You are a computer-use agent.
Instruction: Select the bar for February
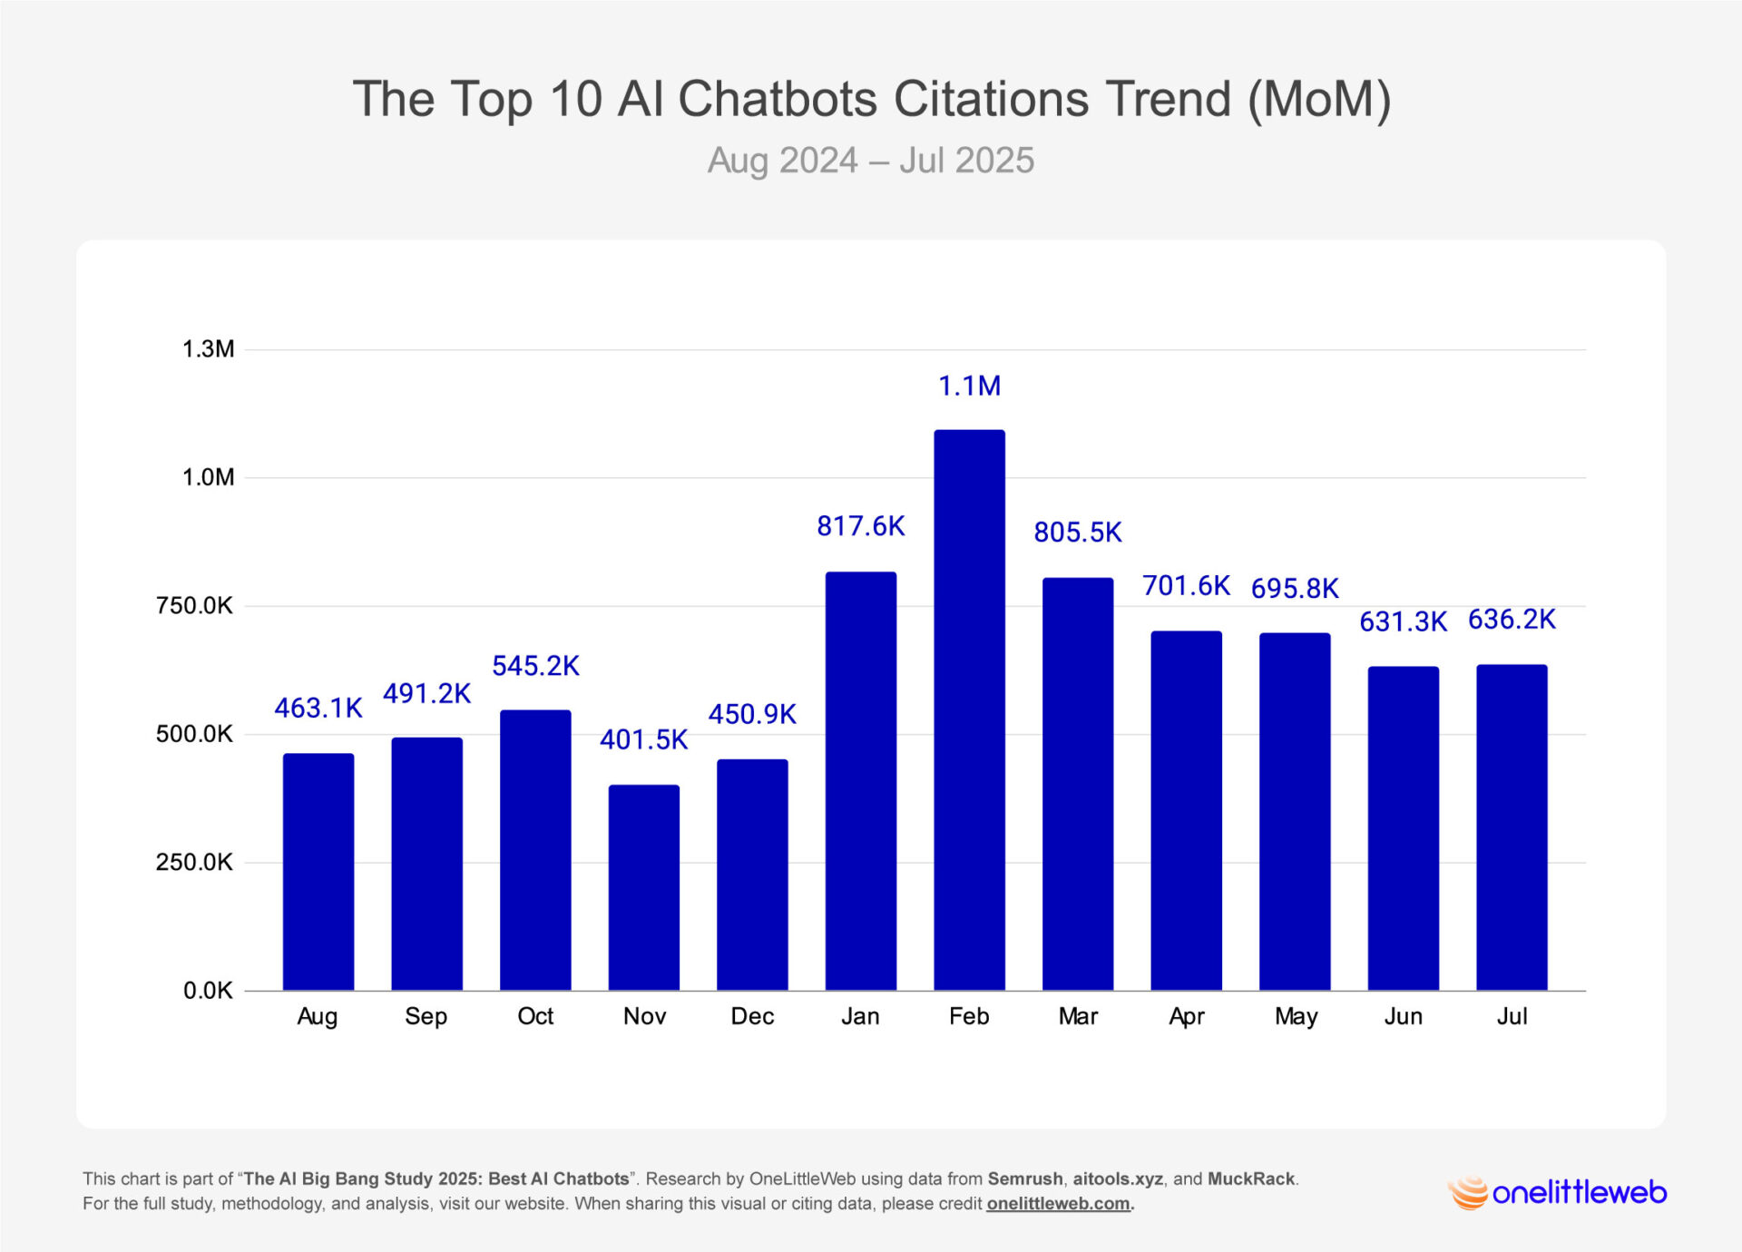(969, 709)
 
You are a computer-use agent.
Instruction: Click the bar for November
(643, 887)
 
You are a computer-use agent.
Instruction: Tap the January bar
(860, 780)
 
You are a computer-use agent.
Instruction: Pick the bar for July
(1512, 827)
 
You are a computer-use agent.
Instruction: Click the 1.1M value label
(969, 386)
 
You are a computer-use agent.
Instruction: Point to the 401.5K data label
(643, 739)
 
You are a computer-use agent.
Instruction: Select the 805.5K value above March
(1078, 533)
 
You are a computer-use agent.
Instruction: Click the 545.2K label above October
(535, 666)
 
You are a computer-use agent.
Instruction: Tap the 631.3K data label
(1403, 621)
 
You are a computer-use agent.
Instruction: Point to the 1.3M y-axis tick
(208, 349)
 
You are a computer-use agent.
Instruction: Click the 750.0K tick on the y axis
(194, 605)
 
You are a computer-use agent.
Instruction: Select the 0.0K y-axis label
(208, 990)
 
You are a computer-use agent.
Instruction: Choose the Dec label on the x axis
(752, 1016)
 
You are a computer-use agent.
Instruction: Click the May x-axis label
(1296, 1016)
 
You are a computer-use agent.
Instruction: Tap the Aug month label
(317, 1016)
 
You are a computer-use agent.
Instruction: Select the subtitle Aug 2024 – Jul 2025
(870, 161)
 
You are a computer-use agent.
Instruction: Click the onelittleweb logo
(1557, 1192)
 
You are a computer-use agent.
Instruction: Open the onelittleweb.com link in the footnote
(1058, 1204)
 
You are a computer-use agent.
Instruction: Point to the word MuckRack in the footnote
(1250, 1179)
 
